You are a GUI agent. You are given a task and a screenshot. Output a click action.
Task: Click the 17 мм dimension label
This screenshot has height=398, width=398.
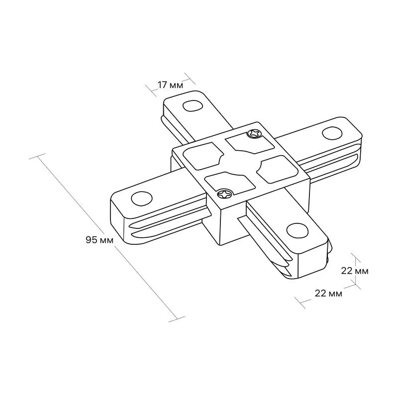[170, 85]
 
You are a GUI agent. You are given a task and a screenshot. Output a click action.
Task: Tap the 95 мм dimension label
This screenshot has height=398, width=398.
[99, 240]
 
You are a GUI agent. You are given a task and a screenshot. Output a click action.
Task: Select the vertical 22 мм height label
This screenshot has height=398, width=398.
[355, 271]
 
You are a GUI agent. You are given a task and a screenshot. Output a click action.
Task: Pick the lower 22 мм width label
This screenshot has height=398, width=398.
[328, 294]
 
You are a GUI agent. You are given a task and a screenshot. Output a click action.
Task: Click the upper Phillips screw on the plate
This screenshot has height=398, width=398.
[254, 133]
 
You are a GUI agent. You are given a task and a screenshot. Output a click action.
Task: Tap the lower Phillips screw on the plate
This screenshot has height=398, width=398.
[225, 194]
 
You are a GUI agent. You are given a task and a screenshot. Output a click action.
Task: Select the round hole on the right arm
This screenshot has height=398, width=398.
[332, 133]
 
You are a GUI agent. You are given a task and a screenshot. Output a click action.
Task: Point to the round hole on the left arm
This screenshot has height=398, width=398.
[142, 198]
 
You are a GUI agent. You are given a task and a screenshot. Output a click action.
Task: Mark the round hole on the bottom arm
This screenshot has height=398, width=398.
[298, 230]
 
